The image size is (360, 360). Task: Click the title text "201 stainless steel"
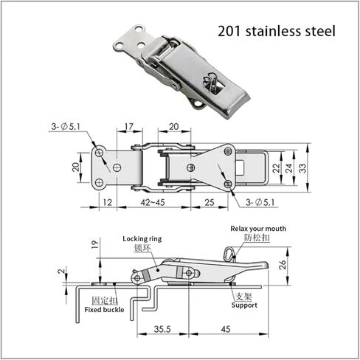click(277, 32)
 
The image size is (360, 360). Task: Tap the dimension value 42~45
click(153, 202)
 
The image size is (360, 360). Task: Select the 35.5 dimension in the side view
click(162, 329)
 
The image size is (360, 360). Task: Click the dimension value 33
click(303, 168)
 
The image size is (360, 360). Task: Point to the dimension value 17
click(129, 126)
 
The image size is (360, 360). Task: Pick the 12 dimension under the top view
click(108, 202)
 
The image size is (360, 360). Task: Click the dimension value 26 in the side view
click(283, 265)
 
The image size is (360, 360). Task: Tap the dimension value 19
click(95, 244)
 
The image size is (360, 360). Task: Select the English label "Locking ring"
click(142, 239)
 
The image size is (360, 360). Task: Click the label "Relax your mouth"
click(258, 229)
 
